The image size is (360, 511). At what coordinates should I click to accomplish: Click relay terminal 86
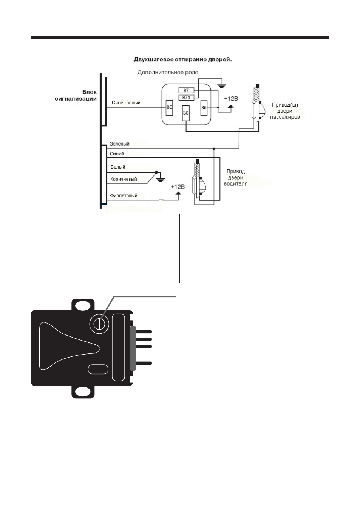pyautogui.click(x=169, y=108)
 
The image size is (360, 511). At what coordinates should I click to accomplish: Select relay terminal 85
pyautogui.click(x=204, y=108)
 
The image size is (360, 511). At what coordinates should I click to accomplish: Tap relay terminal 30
pyautogui.click(x=186, y=113)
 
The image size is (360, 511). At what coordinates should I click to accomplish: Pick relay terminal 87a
pyautogui.click(x=186, y=98)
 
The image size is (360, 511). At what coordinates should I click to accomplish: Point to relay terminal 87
pyautogui.click(x=186, y=90)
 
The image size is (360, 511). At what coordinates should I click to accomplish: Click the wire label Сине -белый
pyautogui.click(x=126, y=103)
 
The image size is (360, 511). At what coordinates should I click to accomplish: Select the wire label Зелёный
pyautogui.click(x=119, y=144)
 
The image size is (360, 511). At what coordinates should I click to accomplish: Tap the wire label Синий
pyautogui.click(x=117, y=154)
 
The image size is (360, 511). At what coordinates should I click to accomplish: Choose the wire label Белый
pyautogui.click(x=118, y=167)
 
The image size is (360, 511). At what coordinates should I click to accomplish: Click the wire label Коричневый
pyautogui.click(x=124, y=179)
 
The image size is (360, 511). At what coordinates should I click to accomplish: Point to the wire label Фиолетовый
pyautogui.click(x=124, y=195)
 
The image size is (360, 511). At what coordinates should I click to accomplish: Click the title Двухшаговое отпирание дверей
pyautogui.click(x=182, y=60)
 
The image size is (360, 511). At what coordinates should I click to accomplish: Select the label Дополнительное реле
pyautogui.click(x=168, y=73)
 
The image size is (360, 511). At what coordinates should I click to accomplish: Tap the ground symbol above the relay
pyautogui.click(x=222, y=85)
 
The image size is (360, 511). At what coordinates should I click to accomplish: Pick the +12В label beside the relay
pyautogui.click(x=231, y=99)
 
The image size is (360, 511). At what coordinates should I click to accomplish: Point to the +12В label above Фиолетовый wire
pyautogui.click(x=178, y=187)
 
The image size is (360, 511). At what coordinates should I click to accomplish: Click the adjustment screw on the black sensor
pyautogui.click(x=99, y=324)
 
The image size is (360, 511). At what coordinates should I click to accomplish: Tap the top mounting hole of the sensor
pyautogui.click(x=83, y=306)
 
